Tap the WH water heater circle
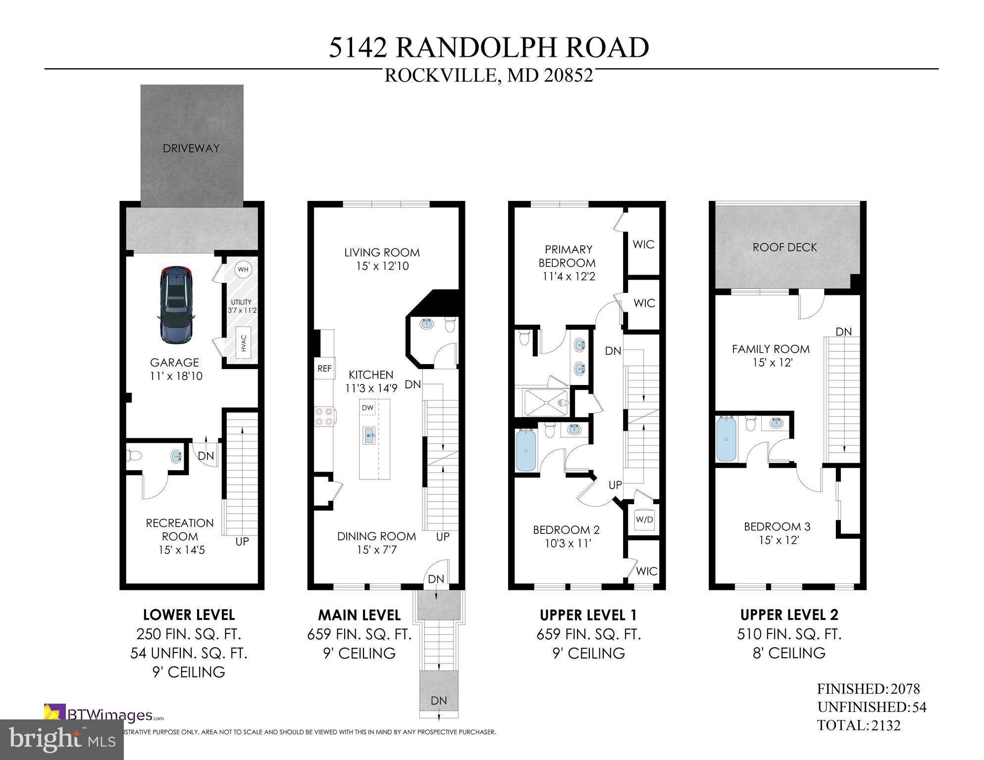243,270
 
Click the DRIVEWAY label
191,148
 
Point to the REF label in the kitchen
324,369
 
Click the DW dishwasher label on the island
367,408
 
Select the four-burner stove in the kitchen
324,416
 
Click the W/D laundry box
644,520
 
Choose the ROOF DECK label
784,247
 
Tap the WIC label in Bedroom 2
646,571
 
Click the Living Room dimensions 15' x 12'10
382,266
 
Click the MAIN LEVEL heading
359,615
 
